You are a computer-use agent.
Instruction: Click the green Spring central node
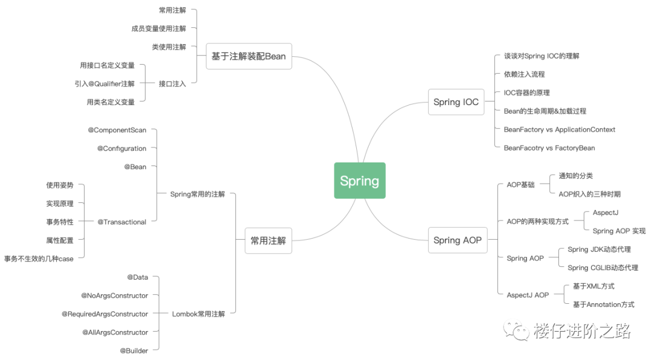pyautogui.click(x=360, y=181)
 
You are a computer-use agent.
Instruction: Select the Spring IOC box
pyautogui.click(x=456, y=102)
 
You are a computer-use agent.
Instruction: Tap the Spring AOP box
pyautogui.click(x=457, y=240)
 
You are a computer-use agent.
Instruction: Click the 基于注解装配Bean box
pyautogui.click(x=248, y=56)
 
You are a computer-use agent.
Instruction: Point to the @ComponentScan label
pyautogui.click(x=117, y=130)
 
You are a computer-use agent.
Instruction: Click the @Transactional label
pyautogui.click(x=122, y=222)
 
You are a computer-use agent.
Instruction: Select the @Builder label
pyautogui.click(x=134, y=350)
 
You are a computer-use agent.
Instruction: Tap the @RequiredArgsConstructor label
pyautogui.click(x=104, y=314)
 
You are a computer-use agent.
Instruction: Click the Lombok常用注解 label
pyautogui.click(x=198, y=314)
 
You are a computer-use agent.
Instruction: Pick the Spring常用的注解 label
pyautogui.click(x=197, y=194)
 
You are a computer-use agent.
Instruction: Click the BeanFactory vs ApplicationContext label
pyautogui.click(x=559, y=129)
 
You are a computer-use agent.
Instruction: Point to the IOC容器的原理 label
pyautogui.click(x=526, y=93)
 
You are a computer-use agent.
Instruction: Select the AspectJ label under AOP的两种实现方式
pyautogui.click(x=606, y=213)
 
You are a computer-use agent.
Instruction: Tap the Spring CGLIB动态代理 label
pyautogui.click(x=602, y=268)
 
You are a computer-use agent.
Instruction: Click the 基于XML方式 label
pyautogui.click(x=593, y=286)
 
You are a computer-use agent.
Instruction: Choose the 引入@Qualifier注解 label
pyautogui.click(x=104, y=84)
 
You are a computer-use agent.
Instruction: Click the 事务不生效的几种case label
pyautogui.click(x=39, y=259)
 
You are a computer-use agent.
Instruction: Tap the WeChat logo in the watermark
pyautogui.click(x=517, y=330)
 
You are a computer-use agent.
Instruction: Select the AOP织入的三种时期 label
pyautogui.click(x=589, y=194)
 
